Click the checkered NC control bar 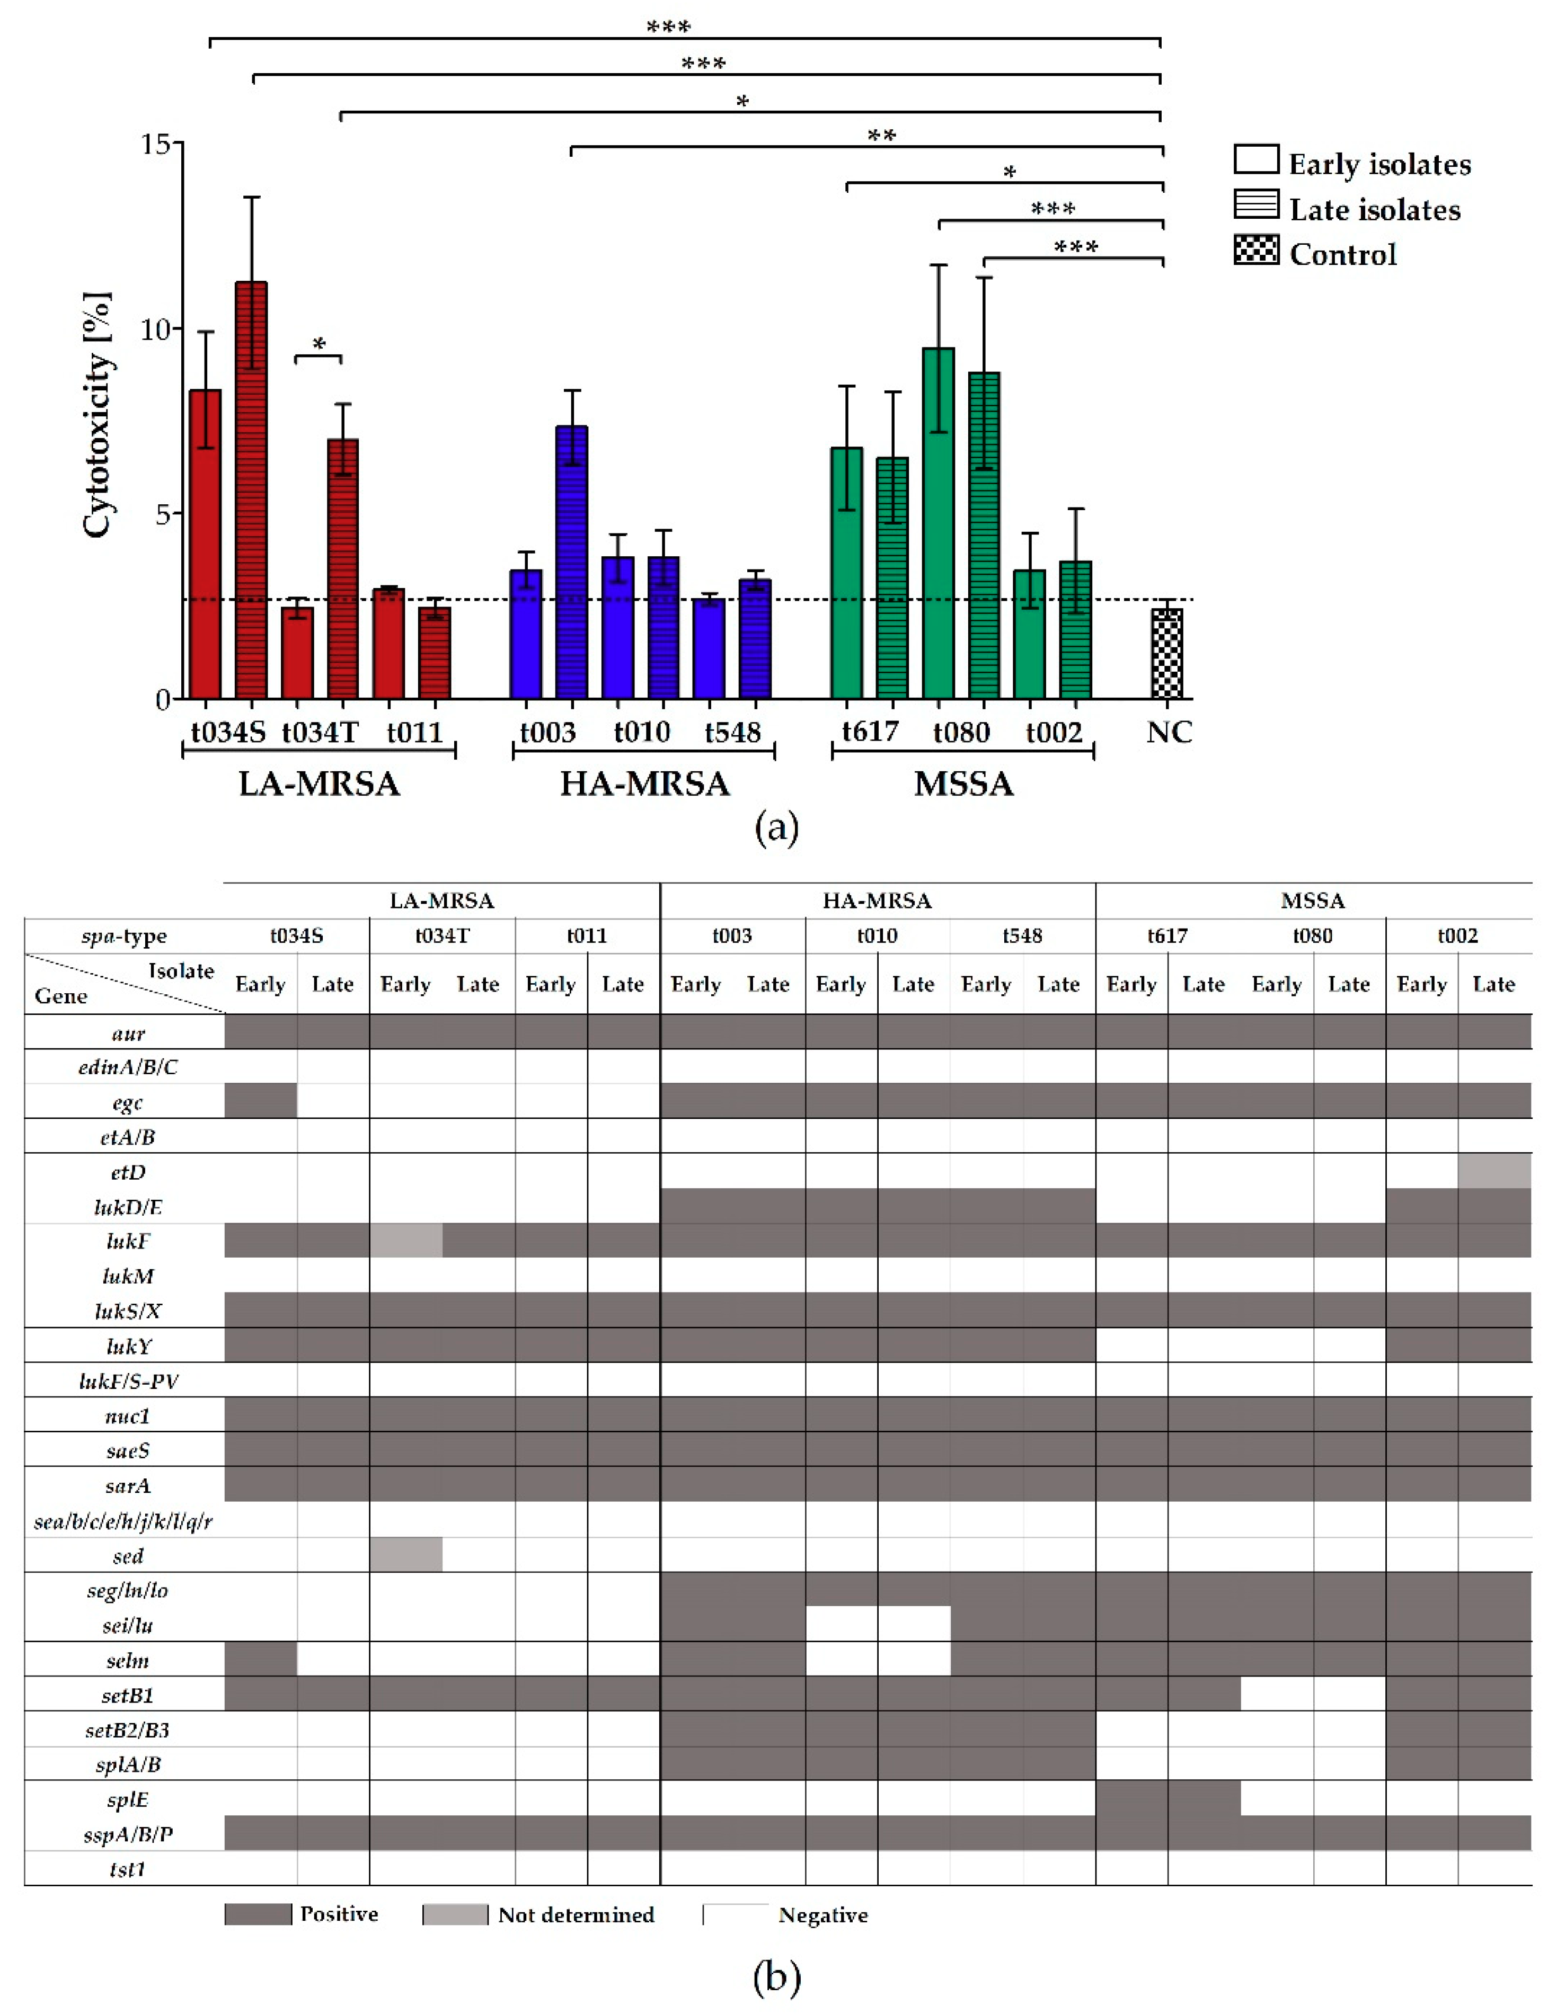pyautogui.click(x=1167, y=653)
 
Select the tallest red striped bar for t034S pyautogui.click(x=251, y=489)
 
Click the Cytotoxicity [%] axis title pyautogui.click(x=97, y=415)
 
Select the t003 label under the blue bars pyautogui.click(x=548, y=732)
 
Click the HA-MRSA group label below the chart pyautogui.click(x=645, y=784)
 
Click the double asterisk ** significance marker pyautogui.click(x=881, y=137)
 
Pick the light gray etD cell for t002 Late pyautogui.click(x=1494, y=1171)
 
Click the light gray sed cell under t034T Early pyautogui.click(x=406, y=1555)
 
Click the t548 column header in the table pyautogui.click(x=1022, y=936)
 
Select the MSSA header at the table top pyautogui.click(x=1313, y=901)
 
